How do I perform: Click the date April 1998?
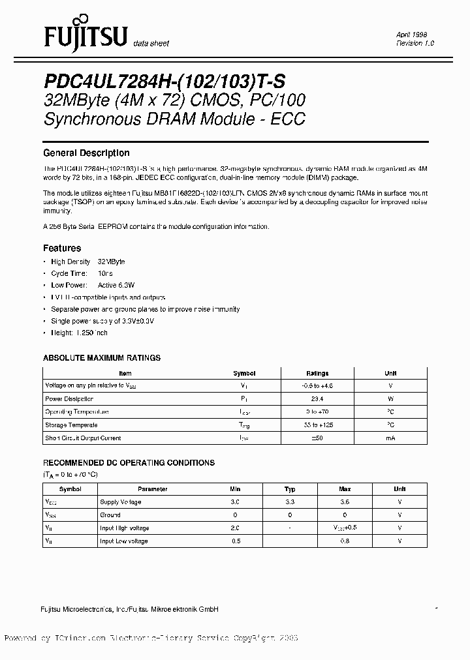tap(412, 35)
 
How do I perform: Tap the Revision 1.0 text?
tap(415, 43)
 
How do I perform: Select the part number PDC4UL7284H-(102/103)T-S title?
tap(164, 81)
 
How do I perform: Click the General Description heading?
tap(86, 153)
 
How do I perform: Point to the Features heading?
tap(62, 248)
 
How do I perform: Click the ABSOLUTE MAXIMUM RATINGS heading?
tap(101, 358)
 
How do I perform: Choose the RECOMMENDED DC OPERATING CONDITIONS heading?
tap(129, 462)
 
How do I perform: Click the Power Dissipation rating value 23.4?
tap(317, 398)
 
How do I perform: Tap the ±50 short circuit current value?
tap(317, 438)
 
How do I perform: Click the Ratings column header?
tap(317, 373)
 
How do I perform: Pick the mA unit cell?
tap(390, 438)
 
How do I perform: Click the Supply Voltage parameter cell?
tap(120, 502)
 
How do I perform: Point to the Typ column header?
tap(290, 489)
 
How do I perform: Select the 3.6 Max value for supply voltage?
tap(345, 502)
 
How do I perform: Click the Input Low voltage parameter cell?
tap(123, 541)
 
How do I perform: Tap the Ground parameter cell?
tap(110, 515)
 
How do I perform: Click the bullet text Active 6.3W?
tap(116, 285)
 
